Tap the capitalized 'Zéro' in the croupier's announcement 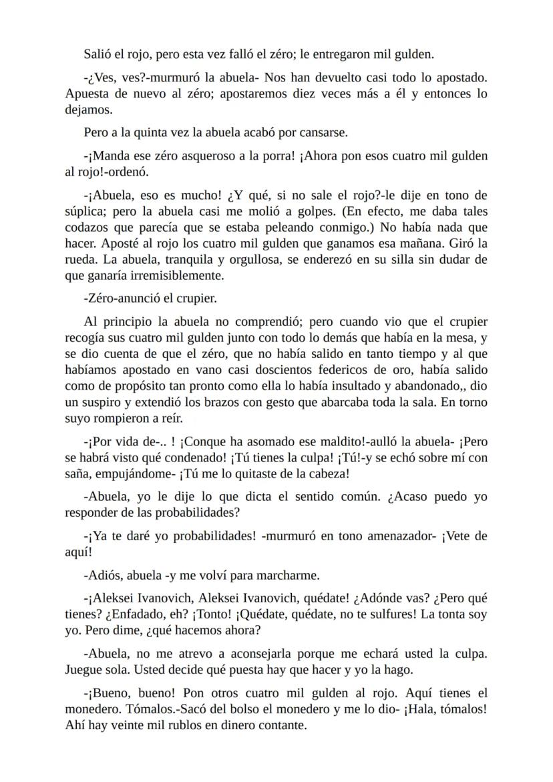click(x=102, y=298)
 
